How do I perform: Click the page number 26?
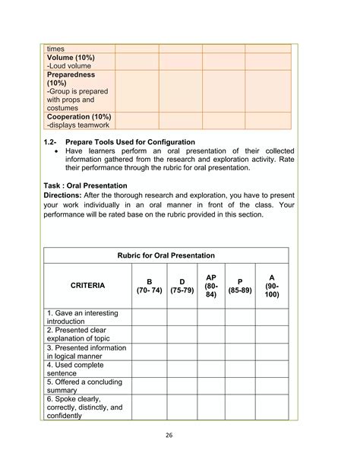[179, 436]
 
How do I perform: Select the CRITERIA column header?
[87, 285]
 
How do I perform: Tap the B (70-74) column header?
[149, 285]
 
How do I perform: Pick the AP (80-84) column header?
[211, 285]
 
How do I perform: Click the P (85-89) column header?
[240, 285]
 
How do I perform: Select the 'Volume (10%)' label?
[71, 57]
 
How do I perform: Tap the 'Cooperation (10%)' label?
[79, 116]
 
